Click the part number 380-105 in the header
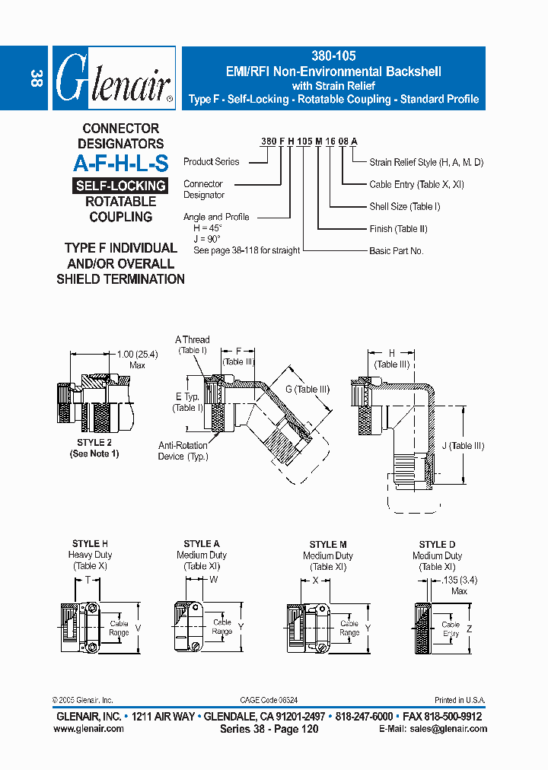point(333,56)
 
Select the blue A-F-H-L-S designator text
point(121,162)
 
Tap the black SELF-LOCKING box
point(121,186)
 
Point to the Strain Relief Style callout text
point(426,162)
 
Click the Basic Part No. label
point(397,251)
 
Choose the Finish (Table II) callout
point(398,229)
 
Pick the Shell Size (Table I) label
point(405,206)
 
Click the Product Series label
point(211,162)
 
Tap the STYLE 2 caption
point(94,442)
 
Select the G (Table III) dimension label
point(307,390)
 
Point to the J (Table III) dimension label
point(461,446)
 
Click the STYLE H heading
point(90,544)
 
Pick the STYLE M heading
point(328,545)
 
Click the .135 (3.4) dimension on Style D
point(459,581)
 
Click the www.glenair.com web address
point(88,729)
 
